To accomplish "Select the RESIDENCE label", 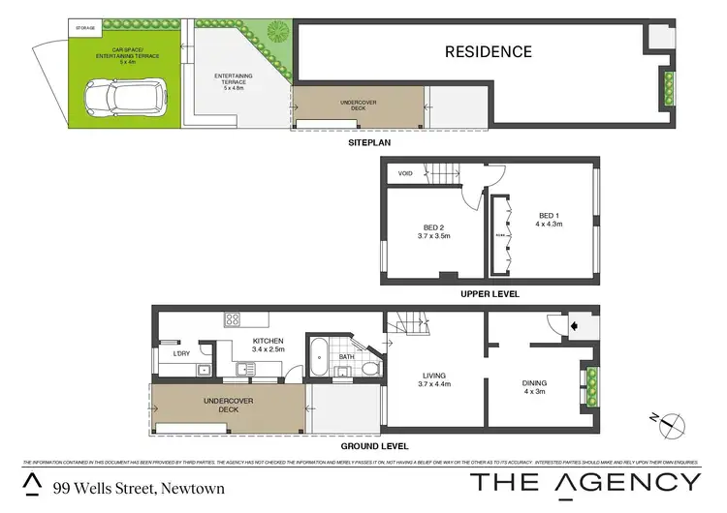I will pyautogui.click(x=489, y=51).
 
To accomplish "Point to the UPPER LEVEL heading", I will pyautogui.click(x=489, y=293).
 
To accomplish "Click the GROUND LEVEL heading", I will pyautogui.click(x=375, y=445).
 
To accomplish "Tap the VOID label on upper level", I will pyautogui.click(x=405, y=173).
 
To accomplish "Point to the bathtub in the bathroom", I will pyautogui.click(x=317, y=359).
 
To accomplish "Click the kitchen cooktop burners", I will pyautogui.click(x=233, y=318).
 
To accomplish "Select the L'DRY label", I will pyautogui.click(x=180, y=353).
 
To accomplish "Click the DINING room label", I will pyautogui.click(x=535, y=385).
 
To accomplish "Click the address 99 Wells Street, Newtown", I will pyautogui.click(x=139, y=489).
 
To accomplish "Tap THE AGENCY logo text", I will pyautogui.click(x=585, y=482).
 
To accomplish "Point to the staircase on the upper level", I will pyautogui.click(x=447, y=175).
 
